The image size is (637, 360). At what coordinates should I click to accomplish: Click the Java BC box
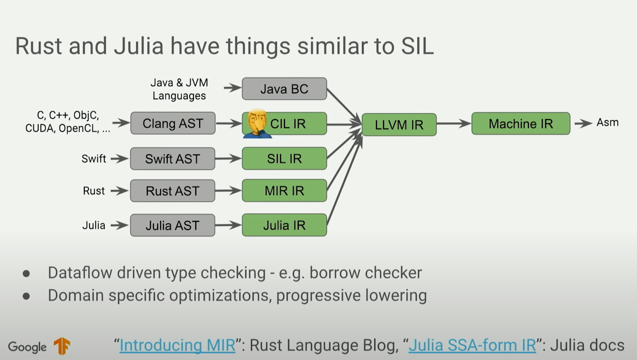click(284, 89)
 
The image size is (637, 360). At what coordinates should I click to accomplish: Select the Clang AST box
click(172, 123)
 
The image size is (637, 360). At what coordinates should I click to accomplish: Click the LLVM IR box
click(399, 125)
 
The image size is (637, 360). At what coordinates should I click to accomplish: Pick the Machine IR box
click(520, 124)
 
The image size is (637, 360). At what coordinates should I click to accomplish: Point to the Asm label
click(607, 122)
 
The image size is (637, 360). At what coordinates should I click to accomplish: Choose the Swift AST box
click(172, 159)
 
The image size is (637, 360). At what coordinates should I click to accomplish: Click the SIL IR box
click(284, 159)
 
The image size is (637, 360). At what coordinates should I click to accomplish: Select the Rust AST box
click(172, 190)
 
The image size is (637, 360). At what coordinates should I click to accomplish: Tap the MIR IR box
click(284, 190)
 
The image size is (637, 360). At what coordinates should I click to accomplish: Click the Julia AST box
click(172, 225)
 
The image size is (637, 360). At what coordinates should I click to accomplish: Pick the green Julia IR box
click(284, 225)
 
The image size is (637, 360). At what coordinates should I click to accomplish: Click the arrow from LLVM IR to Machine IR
click(454, 124)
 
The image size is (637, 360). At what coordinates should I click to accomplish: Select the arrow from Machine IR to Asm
click(583, 123)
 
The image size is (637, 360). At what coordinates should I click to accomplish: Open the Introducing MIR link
click(177, 345)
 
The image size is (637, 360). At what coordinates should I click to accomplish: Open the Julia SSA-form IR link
click(472, 345)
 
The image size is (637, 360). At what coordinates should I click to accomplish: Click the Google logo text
click(27, 347)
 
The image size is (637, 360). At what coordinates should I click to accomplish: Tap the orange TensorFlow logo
click(62, 346)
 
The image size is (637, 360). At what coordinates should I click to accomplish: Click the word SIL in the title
click(414, 46)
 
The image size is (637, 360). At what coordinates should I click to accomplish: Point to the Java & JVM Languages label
click(179, 89)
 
